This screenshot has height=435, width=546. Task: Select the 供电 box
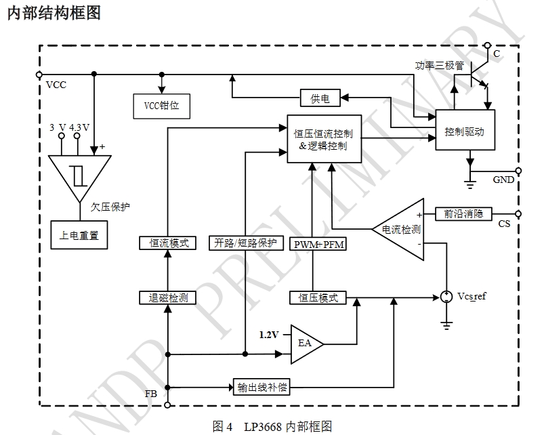320,99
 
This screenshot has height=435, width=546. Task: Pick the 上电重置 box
80,235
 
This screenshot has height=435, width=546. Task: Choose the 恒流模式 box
167,243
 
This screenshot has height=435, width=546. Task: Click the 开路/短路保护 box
245,243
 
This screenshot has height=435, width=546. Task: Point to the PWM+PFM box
318,244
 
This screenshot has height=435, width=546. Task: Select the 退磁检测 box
167,297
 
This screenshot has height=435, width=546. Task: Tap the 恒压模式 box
318,297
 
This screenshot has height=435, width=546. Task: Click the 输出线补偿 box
262,388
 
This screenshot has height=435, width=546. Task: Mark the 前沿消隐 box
463,213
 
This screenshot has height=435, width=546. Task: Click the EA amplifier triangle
304,343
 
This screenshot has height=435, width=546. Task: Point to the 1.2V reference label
270,335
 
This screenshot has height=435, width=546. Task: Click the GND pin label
503,180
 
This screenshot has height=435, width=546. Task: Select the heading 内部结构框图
54,14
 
